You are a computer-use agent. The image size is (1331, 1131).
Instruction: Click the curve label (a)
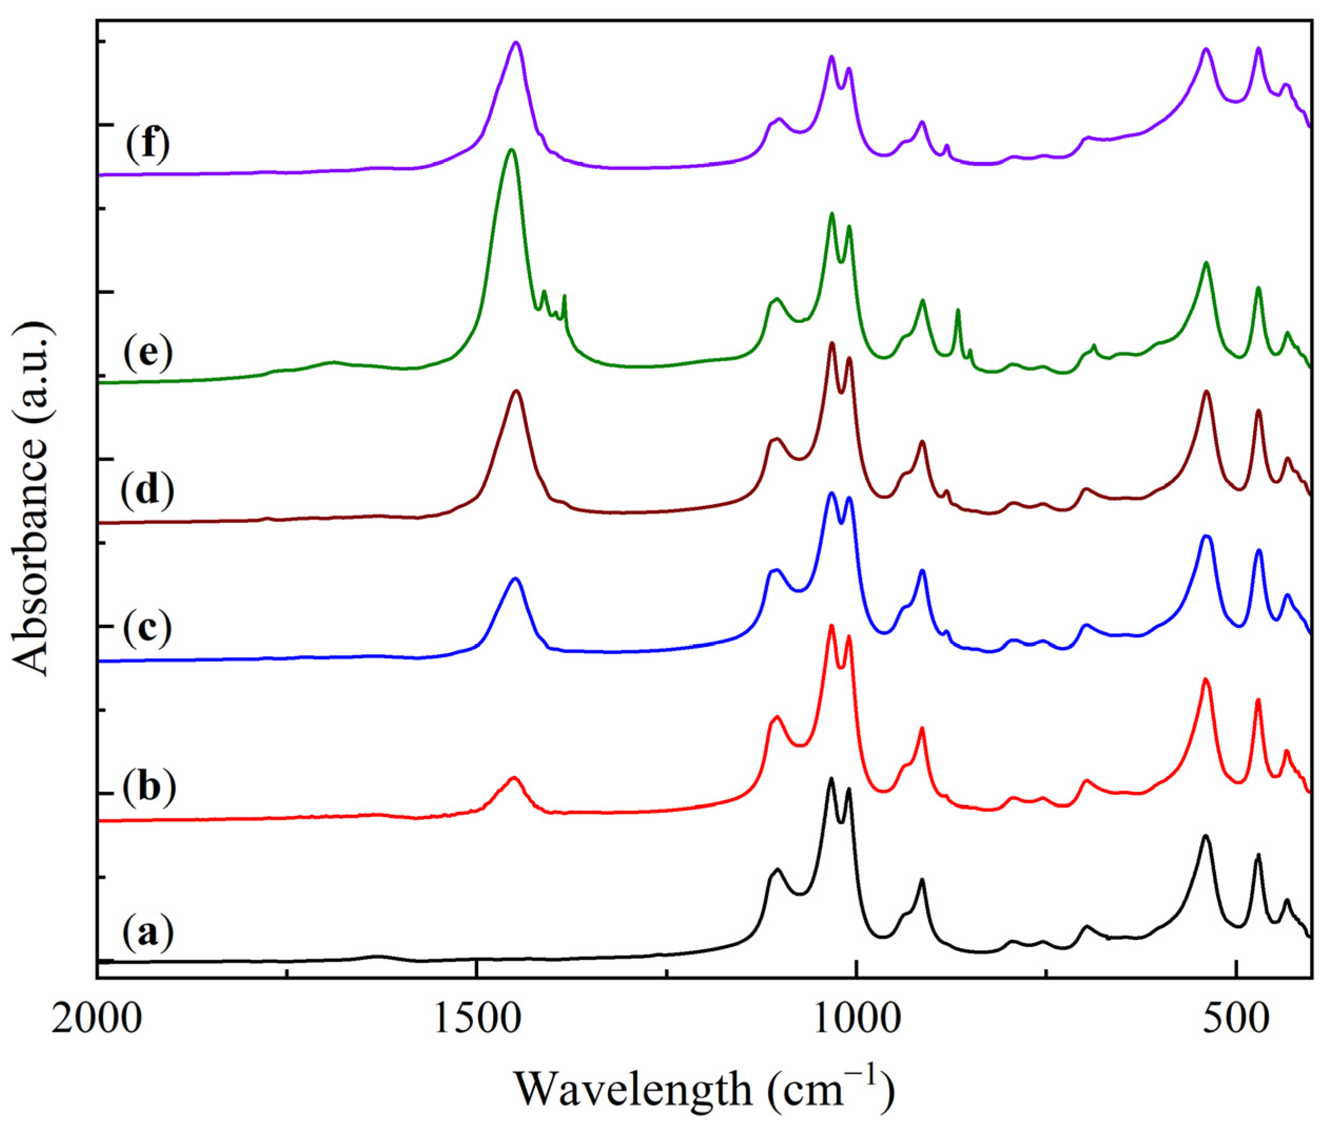147,934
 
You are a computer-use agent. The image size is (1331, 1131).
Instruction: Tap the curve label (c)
147,630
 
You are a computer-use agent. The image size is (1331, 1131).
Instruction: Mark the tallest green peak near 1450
511,150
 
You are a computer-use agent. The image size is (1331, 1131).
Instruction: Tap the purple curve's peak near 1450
516,43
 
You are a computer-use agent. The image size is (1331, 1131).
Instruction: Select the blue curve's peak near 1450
515,579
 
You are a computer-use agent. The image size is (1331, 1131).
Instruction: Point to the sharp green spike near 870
958,311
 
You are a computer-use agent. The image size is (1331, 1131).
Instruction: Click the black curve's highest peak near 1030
832,779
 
